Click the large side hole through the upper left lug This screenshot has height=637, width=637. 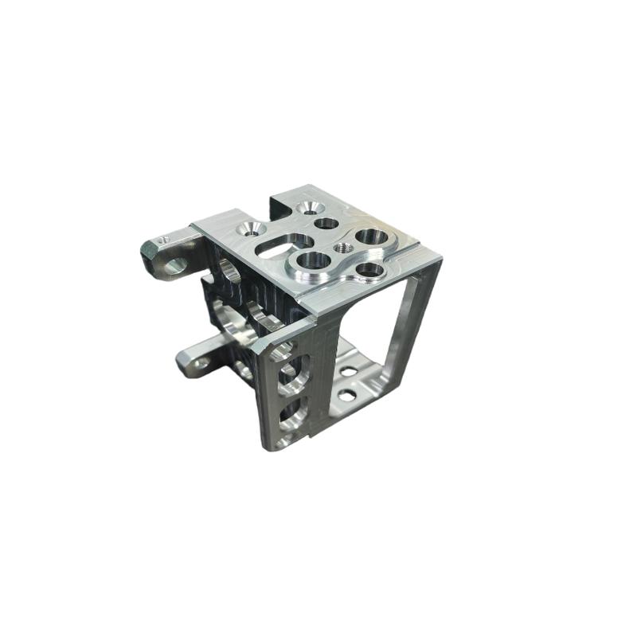[176, 264]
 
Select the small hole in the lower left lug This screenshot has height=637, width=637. [201, 362]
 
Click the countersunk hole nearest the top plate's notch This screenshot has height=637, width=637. [307, 208]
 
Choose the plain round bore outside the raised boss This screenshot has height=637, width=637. [326, 224]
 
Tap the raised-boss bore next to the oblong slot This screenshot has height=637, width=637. [313, 260]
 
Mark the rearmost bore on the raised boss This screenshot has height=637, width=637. [369, 236]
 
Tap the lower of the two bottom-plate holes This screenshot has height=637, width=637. [346, 395]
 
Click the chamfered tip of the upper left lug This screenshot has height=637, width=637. [148, 253]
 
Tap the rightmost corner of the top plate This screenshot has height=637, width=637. [440, 258]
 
